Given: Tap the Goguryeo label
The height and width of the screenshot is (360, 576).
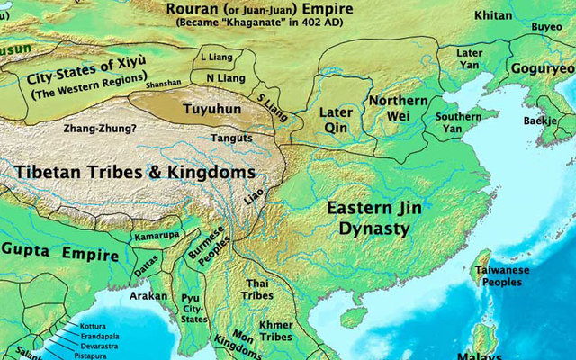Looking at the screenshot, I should coord(542,68).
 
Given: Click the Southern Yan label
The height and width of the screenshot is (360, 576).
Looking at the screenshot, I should coord(459,122).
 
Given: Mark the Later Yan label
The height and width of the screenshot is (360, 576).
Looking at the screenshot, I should coord(471,59).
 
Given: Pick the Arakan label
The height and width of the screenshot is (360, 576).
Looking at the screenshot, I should coord(147,292).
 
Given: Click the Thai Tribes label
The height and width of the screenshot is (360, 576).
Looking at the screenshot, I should coord(258,290).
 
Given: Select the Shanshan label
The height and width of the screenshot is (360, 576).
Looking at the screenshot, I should coord(161,84).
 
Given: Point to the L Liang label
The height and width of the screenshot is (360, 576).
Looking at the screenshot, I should coord(214,56).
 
